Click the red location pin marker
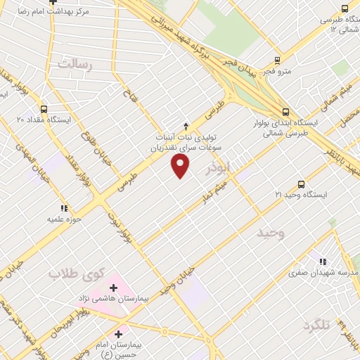click(x=181, y=166)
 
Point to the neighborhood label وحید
click(x=270, y=233)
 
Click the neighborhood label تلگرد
click(x=316, y=326)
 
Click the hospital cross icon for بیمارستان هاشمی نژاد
click(x=113, y=288)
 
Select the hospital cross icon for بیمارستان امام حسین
click(x=118, y=334)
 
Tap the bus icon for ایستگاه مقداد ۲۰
click(x=44, y=109)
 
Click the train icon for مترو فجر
click(x=277, y=60)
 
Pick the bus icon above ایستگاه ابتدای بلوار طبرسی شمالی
click(x=285, y=111)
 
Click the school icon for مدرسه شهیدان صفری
click(x=324, y=261)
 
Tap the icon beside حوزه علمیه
click(x=64, y=208)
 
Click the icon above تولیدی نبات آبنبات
click(x=186, y=125)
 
